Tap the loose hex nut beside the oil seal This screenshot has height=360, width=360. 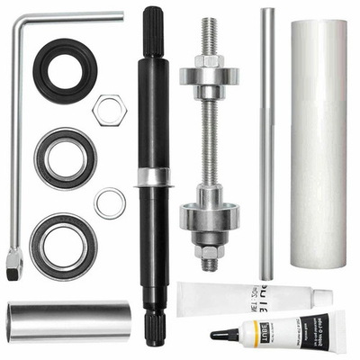pos(110,108)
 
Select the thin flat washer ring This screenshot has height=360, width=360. pos(110,202)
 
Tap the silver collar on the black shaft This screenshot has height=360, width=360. pos(154,177)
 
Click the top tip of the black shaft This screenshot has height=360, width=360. pos(154,13)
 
